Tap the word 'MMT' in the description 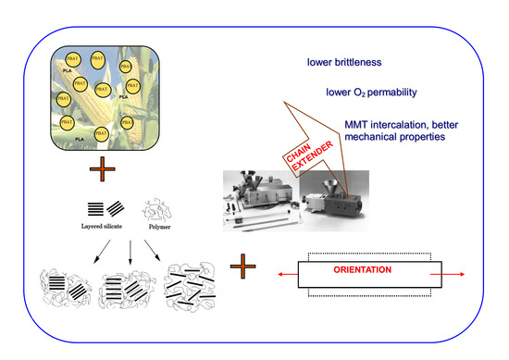click(357, 123)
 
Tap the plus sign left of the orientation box click(243, 270)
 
